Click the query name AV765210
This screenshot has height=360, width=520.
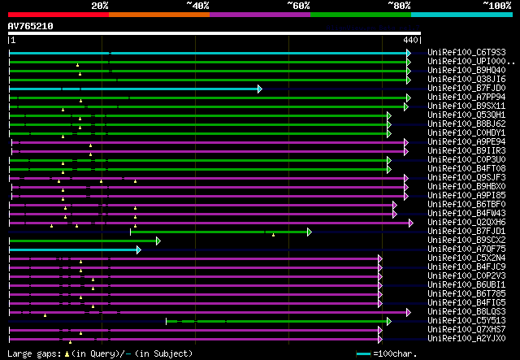click(31, 26)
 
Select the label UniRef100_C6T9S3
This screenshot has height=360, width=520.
click(466, 53)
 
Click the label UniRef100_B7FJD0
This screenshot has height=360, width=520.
click(466, 89)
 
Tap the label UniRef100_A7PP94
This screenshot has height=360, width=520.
click(466, 98)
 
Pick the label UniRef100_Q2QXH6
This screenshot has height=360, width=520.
click(466, 223)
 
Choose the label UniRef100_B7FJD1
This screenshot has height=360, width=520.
click(466, 232)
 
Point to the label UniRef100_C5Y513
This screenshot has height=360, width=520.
click(466, 321)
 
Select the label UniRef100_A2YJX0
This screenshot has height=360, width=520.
click(466, 339)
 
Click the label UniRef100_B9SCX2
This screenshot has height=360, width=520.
click(466, 241)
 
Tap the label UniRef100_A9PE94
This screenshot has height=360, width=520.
click(466, 142)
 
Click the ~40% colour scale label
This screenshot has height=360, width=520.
click(197, 6)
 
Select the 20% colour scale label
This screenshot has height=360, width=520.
click(100, 6)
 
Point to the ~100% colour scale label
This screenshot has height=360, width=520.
click(496, 6)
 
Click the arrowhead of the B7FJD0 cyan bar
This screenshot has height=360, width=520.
click(260, 89)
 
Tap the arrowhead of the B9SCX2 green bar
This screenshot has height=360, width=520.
click(158, 241)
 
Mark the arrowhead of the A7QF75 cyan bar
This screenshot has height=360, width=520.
click(139, 249)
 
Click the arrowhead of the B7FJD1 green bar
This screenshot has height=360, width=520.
click(310, 232)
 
